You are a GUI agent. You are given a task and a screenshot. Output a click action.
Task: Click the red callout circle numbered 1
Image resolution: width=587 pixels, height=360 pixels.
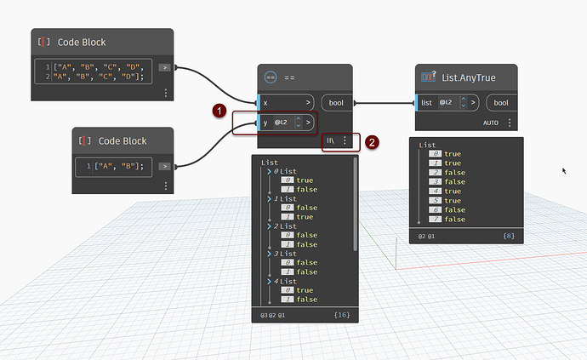click(x=219, y=110)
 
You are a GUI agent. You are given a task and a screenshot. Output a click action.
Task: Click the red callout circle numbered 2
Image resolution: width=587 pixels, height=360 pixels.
click(x=372, y=142)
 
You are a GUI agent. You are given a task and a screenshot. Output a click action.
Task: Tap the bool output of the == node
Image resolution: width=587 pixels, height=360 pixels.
click(x=337, y=102)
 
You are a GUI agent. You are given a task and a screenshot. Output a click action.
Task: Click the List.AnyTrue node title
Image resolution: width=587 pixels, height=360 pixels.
click(x=468, y=77)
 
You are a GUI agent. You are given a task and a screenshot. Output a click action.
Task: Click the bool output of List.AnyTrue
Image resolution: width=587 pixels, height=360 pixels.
click(x=501, y=103)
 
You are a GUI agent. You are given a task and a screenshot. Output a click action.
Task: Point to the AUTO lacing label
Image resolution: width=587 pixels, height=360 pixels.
click(x=490, y=123)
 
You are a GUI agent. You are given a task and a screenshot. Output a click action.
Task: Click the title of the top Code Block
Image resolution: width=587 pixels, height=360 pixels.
click(x=81, y=42)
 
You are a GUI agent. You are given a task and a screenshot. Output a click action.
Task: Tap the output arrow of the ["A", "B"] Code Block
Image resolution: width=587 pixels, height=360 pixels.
click(x=165, y=166)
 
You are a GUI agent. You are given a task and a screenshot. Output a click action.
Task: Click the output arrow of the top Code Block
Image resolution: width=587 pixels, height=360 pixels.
click(x=165, y=66)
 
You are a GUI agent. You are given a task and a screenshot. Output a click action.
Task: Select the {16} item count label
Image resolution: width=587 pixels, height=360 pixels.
click(x=342, y=316)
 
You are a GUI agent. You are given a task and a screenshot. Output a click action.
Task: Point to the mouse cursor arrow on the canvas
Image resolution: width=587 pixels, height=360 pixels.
click(x=563, y=171)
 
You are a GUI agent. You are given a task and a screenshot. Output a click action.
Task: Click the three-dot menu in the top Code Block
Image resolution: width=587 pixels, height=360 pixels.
click(x=165, y=92)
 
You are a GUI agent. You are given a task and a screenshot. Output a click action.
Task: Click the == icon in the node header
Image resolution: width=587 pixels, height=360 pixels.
click(x=271, y=77)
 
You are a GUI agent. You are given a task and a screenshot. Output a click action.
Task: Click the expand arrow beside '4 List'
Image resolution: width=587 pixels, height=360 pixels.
click(x=269, y=281)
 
